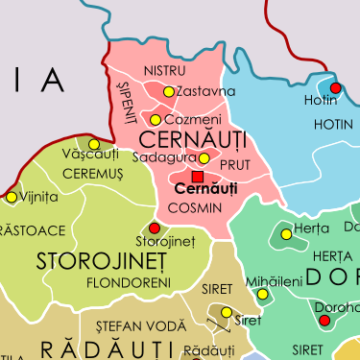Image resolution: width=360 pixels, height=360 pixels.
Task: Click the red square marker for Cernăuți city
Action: coord(198,178)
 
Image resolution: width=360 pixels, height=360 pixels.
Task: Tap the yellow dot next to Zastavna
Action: coord(169,92)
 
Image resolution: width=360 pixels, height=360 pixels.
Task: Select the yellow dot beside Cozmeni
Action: coord(156,120)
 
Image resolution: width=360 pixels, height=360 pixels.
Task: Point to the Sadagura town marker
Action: coord(204,158)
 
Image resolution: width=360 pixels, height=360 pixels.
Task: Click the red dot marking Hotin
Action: coord(335,87)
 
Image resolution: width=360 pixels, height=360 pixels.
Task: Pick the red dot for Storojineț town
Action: coord(156,228)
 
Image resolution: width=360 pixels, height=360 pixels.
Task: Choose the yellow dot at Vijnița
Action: coord(12,197)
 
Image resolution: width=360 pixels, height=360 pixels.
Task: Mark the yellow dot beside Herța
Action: coord(286,233)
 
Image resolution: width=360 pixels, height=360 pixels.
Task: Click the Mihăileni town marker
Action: coord(263,294)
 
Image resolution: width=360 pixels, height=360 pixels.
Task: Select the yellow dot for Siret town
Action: coord(227,312)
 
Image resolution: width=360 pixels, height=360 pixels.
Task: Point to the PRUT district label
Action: coord(234,166)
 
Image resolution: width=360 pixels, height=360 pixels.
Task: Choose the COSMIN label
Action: coord(195,207)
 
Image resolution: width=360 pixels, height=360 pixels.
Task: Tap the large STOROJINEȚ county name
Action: coord(101,261)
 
